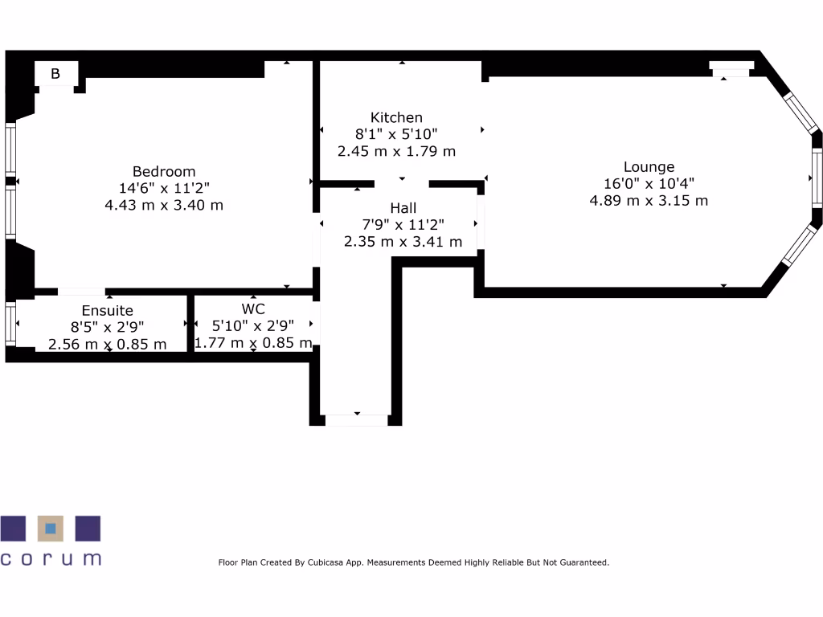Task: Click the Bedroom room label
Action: click(x=164, y=171)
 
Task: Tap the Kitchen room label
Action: click(x=396, y=117)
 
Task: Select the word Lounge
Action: click(x=649, y=167)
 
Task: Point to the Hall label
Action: click(x=403, y=208)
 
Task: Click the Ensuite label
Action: click(x=108, y=310)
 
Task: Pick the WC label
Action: click(x=253, y=308)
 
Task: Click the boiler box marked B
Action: click(x=55, y=75)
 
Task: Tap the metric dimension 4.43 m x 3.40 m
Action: click(x=164, y=205)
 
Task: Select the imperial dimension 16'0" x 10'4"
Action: click(x=649, y=184)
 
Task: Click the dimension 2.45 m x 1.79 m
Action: click(x=397, y=151)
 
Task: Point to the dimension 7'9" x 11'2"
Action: click(x=403, y=225)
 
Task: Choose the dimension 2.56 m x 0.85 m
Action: click(x=108, y=344)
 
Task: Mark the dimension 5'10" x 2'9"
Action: click(x=253, y=325)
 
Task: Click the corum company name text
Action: click(x=51, y=558)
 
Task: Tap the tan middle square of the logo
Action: click(x=51, y=529)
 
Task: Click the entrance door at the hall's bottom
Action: click(x=355, y=419)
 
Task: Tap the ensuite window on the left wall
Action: click(x=10, y=323)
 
